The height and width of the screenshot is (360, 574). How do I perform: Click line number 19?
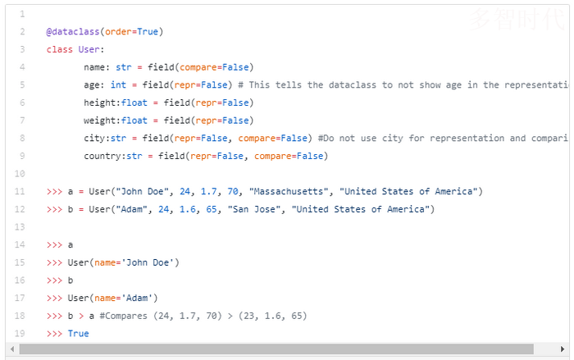click(20, 334)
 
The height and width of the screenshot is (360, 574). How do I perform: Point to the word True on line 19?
click(79, 334)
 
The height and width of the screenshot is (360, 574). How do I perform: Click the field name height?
click(100, 103)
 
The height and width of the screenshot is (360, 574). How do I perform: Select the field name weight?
click(100, 121)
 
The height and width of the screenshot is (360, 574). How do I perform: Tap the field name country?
click(102, 156)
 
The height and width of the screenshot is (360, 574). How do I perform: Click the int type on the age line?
click(118, 85)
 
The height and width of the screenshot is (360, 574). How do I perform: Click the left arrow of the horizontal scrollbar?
click(12, 349)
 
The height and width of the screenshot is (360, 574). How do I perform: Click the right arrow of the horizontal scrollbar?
click(563, 349)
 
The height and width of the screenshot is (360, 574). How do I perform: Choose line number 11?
click(20, 192)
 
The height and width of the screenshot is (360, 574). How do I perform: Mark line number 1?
click(21, 15)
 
